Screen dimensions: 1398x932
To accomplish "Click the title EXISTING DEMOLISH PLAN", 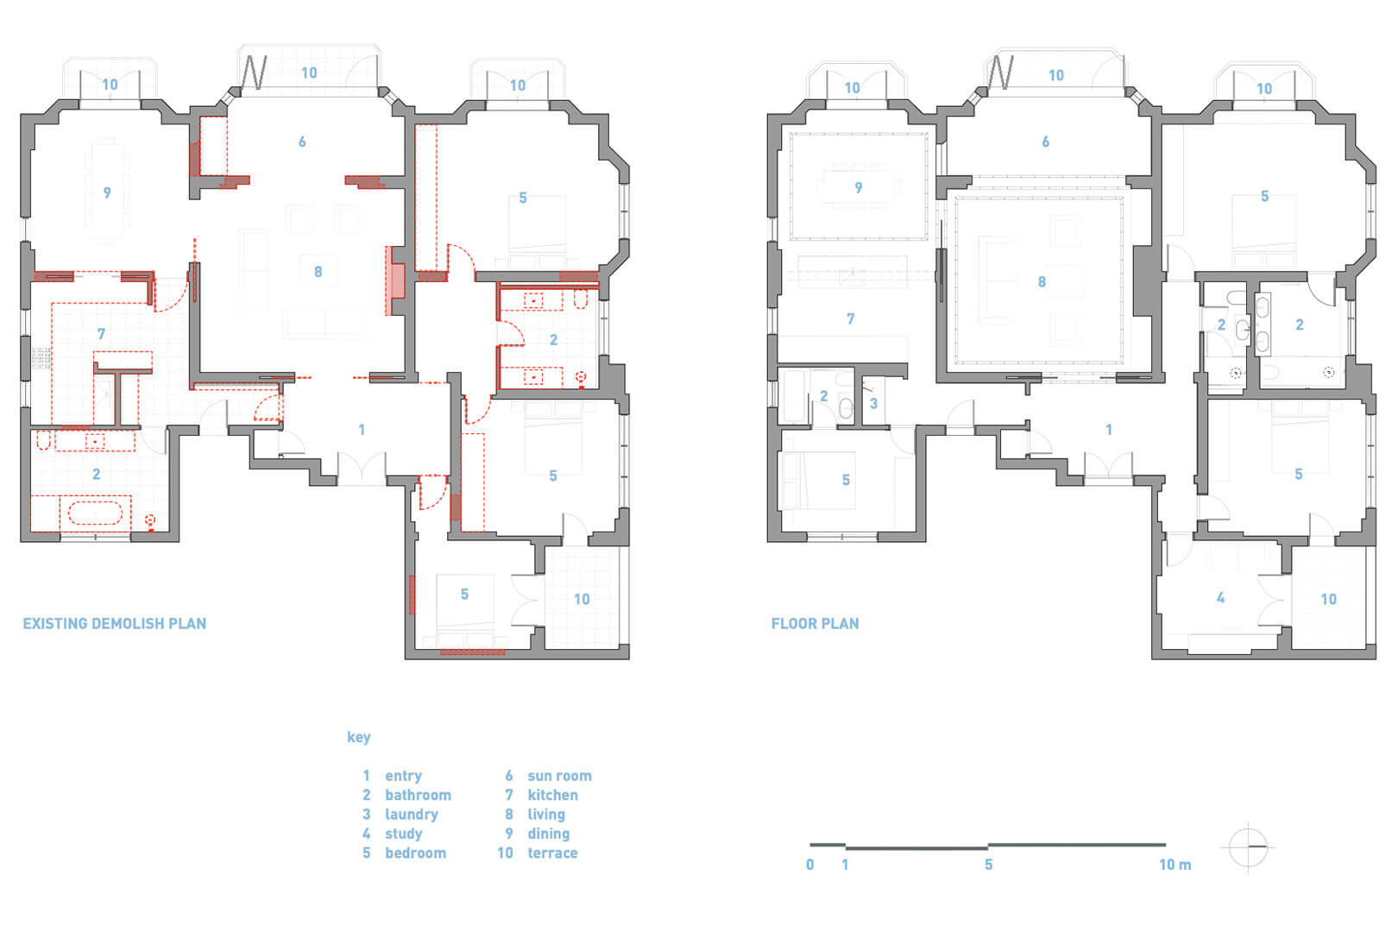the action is click(114, 624).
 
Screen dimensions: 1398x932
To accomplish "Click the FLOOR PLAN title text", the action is click(815, 624).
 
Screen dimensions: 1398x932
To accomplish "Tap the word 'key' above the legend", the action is click(359, 737).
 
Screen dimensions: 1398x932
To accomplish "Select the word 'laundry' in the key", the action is click(412, 815).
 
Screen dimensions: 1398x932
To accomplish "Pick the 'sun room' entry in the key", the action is click(559, 776).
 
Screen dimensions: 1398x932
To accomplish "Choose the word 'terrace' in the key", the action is click(552, 853).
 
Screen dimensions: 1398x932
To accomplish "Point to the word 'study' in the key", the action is click(403, 834).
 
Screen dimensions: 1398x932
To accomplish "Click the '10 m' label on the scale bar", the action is click(1175, 866).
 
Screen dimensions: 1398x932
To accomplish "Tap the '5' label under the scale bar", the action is click(989, 866).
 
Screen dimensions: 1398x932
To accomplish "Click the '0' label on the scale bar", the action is click(810, 866).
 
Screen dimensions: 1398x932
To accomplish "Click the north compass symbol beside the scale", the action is click(1248, 847).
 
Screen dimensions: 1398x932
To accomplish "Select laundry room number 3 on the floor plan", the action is click(873, 404).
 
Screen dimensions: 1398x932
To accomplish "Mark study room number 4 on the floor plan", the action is click(1220, 598).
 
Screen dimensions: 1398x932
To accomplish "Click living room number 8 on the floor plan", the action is click(1042, 281).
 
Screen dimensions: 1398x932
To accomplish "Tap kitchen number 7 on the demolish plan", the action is click(101, 334).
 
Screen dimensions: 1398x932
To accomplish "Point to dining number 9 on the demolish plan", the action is click(107, 193).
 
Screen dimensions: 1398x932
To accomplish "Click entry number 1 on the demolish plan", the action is click(362, 430).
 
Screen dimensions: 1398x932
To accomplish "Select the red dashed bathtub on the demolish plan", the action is click(95, 513).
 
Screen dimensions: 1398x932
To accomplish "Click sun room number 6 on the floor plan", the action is click(1045, 142).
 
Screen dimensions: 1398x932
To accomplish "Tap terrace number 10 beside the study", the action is click(1328, 599).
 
